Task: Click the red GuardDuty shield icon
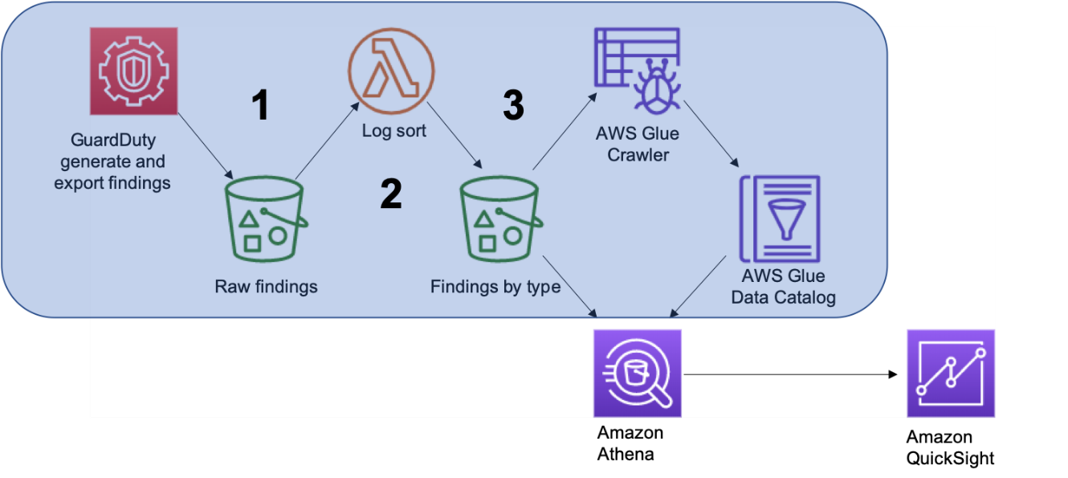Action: click(x=133, y=71)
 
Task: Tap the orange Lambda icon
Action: click(x=391, y=71)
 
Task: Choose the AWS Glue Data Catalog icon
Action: click(x=780, y=219)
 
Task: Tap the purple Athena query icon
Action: click(x=637, y=374)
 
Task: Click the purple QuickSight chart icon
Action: click(x=951, y=374)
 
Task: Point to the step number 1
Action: click(x=260, y=105)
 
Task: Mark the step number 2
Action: click(x=390, y=194)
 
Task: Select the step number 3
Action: click(x=513, y=105)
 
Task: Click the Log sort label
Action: click(x=394, y=131)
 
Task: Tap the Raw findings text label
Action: click(x=266, y=287)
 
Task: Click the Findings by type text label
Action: click(x=495, y=287)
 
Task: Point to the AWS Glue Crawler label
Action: click(x=638, y=145)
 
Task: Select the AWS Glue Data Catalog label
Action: click(x=783, y=287)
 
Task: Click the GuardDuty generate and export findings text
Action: click(x=112, y=162)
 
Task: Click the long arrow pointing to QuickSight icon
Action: click(x=791, y=374)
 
